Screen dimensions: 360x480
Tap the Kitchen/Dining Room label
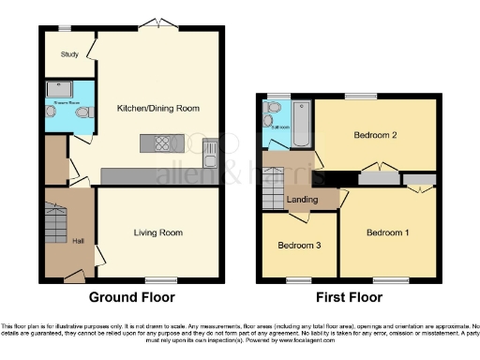click(157, 108)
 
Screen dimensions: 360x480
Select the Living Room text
click(158, 232)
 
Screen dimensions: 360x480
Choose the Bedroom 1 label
click(388, 232)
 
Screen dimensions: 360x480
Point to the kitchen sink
click(212, 148)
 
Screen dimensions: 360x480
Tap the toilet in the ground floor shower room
click(83, 113)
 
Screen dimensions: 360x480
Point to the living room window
click(160, 279)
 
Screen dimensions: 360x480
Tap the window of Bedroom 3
click(299, 279)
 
